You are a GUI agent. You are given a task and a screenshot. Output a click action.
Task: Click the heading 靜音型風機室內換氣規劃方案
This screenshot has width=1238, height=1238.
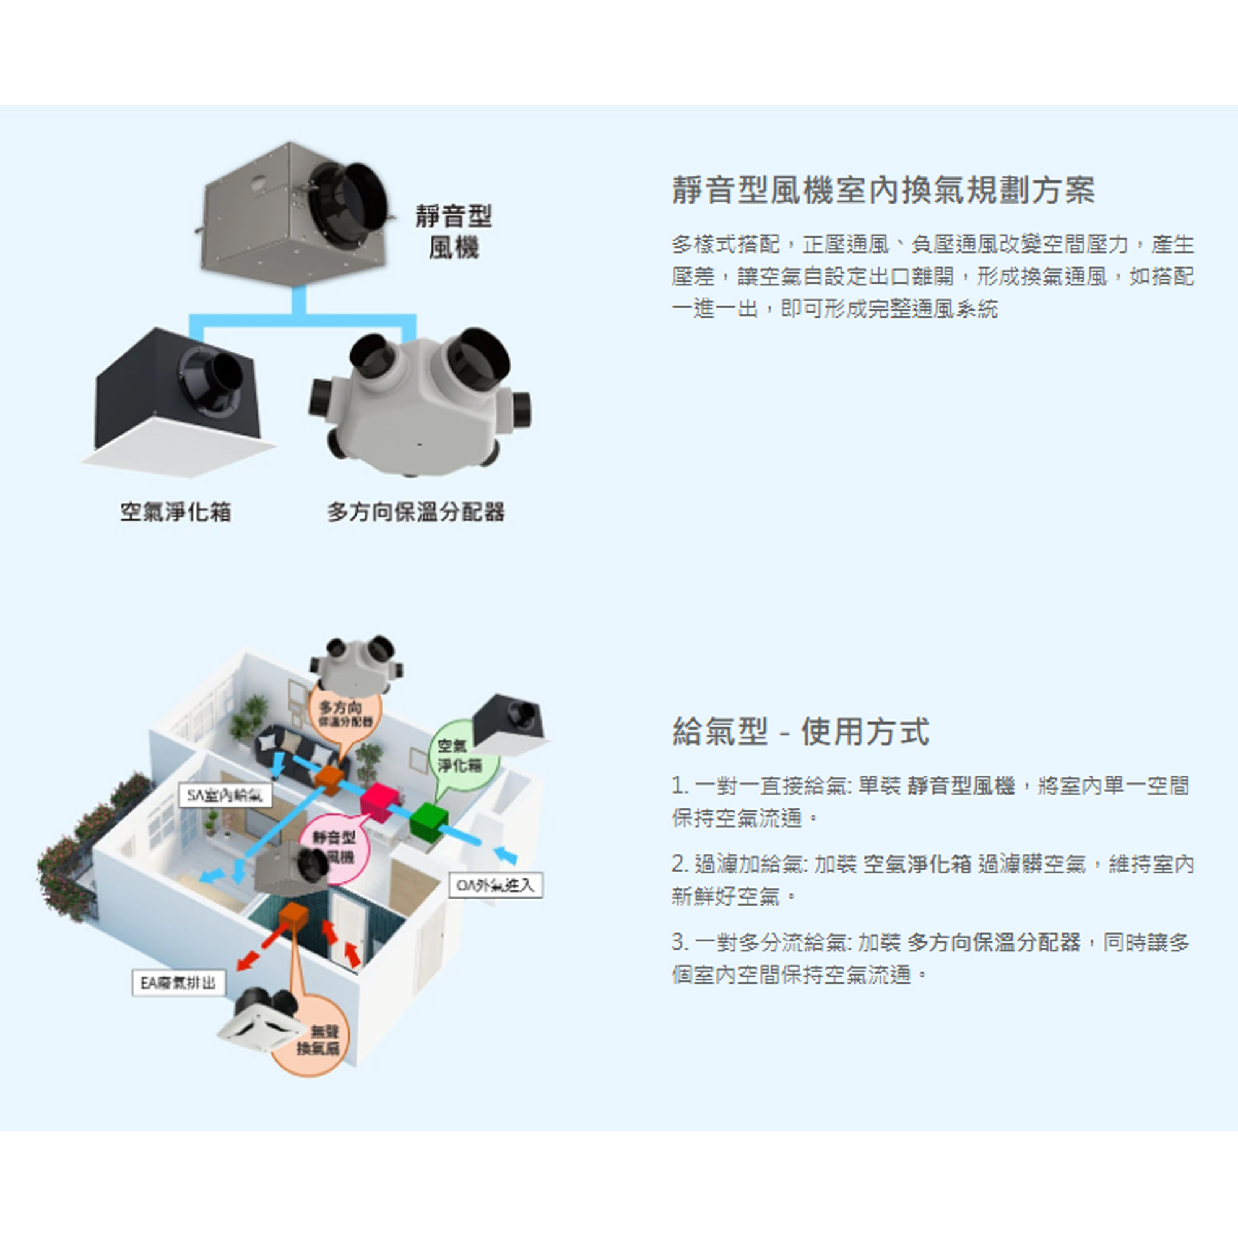(x=883, y=190)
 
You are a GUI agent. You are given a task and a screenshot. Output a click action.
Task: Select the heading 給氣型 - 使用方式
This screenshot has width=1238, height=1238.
(x=800, y=731)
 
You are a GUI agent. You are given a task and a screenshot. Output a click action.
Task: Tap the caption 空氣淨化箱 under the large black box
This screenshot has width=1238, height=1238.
(x=176, y=512)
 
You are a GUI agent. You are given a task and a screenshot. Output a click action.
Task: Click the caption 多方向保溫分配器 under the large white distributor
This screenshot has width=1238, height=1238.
(x=416, y=512)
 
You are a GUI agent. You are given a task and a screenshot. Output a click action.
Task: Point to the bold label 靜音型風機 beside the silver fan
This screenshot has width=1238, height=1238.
(x=453, y=232)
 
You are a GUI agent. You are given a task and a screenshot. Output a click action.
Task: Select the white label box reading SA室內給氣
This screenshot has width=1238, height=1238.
(x=224, y=796)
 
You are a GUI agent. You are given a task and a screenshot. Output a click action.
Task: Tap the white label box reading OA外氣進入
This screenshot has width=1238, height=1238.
(x=495, y=886)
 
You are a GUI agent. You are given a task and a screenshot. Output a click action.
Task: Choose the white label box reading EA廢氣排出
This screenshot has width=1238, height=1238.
(x=179, y=982)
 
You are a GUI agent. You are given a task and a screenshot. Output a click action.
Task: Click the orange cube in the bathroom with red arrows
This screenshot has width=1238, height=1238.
(x=293, y=917)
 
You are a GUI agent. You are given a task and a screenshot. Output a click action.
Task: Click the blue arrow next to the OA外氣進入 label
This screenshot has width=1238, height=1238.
(x=506, y=855)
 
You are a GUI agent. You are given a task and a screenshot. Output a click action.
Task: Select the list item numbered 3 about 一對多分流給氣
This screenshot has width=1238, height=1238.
(x=930, y=959)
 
